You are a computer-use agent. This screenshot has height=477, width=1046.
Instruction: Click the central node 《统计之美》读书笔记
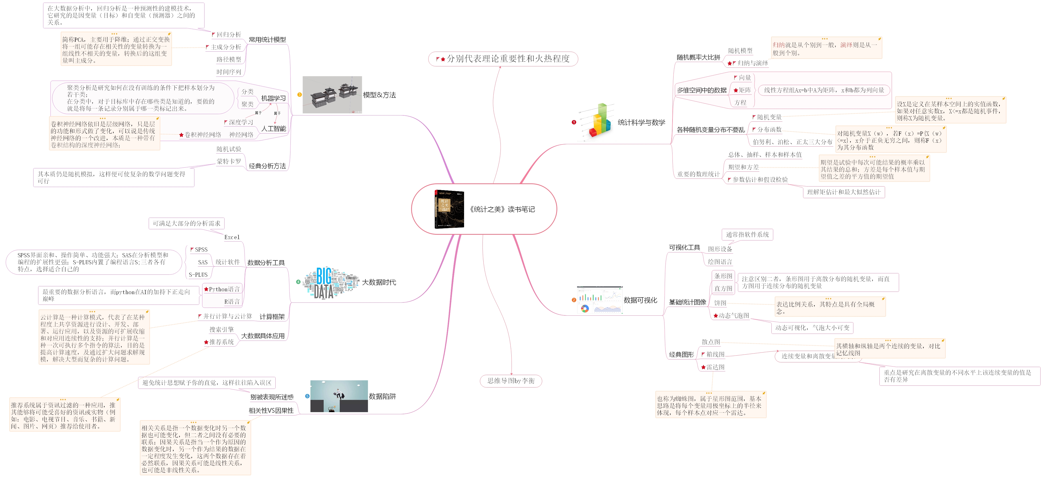[502, 209]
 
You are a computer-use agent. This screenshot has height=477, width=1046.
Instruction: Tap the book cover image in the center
[449, 209]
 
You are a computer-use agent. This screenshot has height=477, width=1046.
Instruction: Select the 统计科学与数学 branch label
[641, 122]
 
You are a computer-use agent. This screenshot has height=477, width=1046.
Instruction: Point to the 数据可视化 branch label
[640, 300]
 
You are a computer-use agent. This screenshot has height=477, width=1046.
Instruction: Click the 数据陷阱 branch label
[382, 396]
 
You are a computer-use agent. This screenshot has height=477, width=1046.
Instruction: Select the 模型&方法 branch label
[379, 95]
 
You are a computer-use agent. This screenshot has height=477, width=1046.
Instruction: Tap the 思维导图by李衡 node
[511, 381]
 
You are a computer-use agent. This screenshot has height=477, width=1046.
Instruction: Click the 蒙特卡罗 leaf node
[229, 161]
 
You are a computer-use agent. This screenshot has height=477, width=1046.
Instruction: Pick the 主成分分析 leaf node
[226, 47]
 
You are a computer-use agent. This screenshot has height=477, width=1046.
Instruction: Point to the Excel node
[232, 237]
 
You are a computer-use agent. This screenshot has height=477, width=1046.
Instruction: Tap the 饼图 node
[720, 303]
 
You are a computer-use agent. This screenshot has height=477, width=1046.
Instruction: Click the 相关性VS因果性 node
[271, 410]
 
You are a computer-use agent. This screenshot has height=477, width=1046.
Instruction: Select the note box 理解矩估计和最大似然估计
[843, 192]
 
